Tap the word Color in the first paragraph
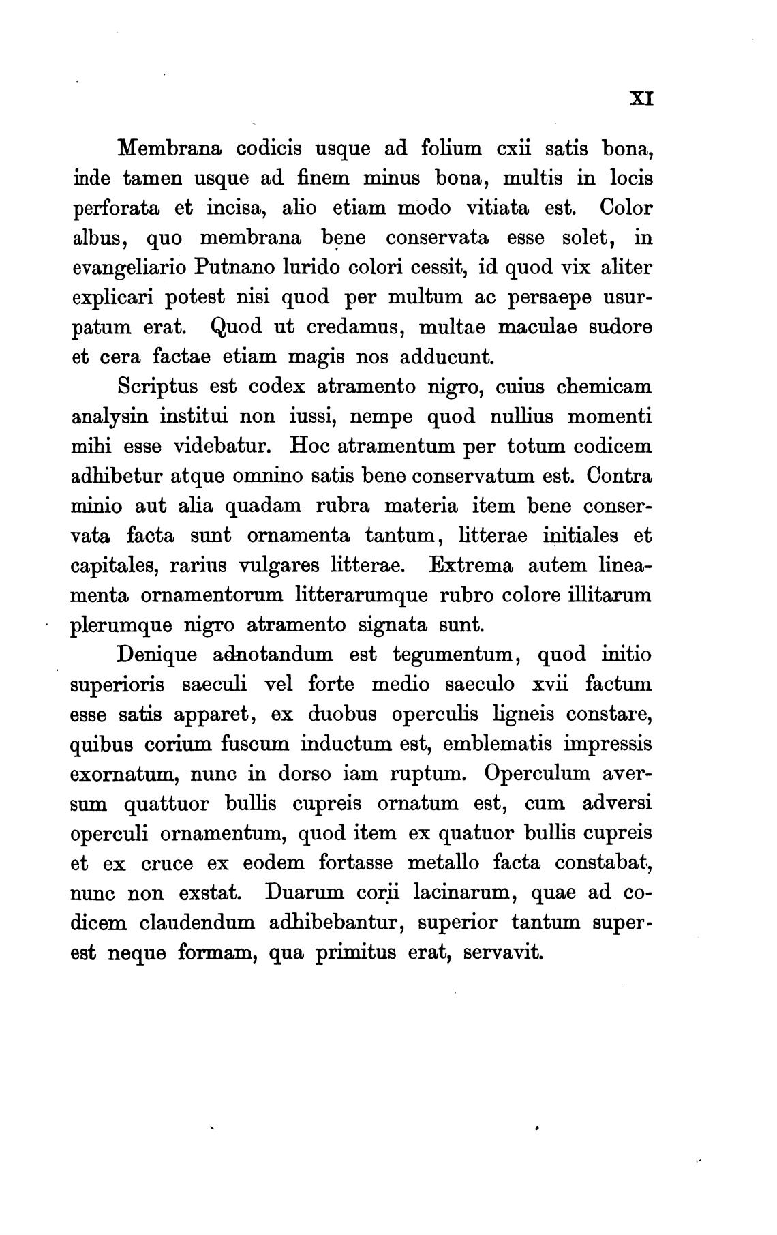(626, 208)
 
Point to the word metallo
(444, 863)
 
